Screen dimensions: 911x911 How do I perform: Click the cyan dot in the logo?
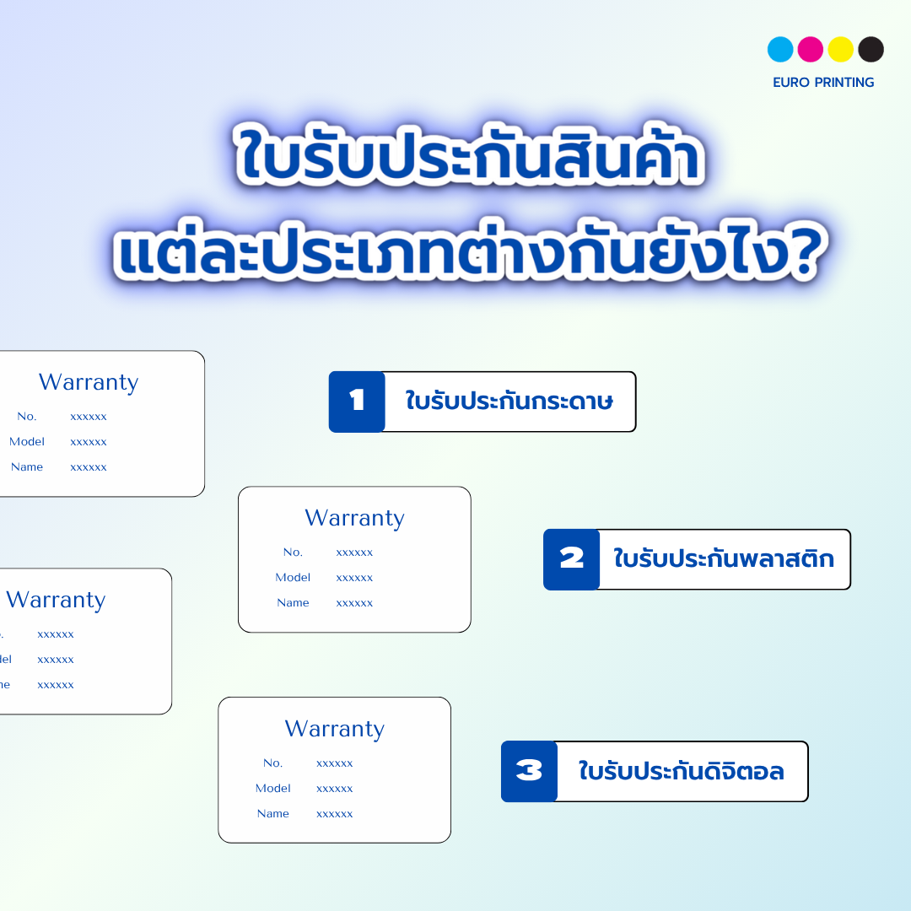pyautogui.click(x=780, y=50)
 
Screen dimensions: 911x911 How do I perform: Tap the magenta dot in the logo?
pyautogui.click(x=811, y=50)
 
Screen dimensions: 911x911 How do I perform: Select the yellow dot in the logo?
pyautogui.click(x=841, y=50)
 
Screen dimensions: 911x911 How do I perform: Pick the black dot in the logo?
pyautogui.click(x=871, y=50)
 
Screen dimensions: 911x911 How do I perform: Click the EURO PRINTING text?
pyautogui.click(x=823, y=83)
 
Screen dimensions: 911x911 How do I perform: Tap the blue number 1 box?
pyautogui.click(x=357, y=402)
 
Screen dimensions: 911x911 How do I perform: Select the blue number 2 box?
pyautogui.click(x=571, y=559)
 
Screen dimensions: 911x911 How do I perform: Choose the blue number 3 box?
pyautogui.click(x=529, y=771)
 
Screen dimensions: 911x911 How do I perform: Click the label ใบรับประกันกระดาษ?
pyautogui.click(x=509, y=402)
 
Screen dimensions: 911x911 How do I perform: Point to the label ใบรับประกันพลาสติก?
pyautogui.click(x=724, y=559)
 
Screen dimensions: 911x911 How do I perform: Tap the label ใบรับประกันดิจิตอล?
pyautogui.click(x=682, y=771)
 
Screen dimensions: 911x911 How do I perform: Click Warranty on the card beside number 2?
pyautogui.click(x=354, y=518)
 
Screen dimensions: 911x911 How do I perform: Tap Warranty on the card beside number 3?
pyautogui.click(x=334, y=729)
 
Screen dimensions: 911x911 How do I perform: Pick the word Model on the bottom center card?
pyautogui.click(x=272, y=788)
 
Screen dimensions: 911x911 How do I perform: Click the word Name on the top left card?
pyautogui.click(x=27, y=466)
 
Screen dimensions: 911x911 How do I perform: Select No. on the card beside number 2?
pyautogui.click(x=293, y=552)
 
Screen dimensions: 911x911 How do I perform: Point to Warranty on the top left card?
pyautogui.click(x=89, y=382)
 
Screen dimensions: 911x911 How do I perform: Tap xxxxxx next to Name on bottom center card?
pyautogui.click(x=334, y=814)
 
